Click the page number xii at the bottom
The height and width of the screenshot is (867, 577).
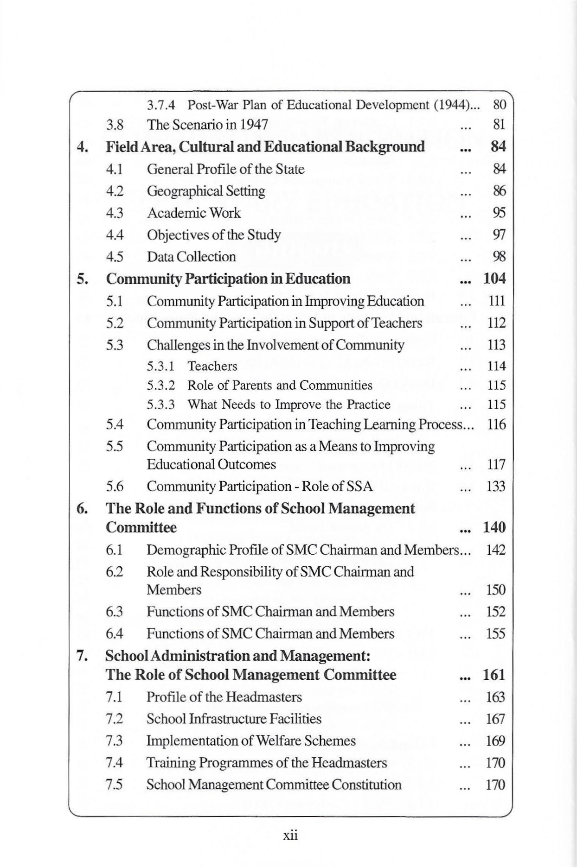(x=290, y=835)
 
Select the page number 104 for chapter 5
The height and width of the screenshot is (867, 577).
(x=494, y=279)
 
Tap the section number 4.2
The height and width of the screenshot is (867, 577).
(x=114, y=191)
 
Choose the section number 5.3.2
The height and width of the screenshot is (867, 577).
(x=161, y=386)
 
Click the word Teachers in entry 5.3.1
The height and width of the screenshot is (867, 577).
(x=212, y=366)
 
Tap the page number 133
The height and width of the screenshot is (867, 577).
(x=496, y=487)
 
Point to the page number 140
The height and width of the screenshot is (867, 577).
(x=494, y=527)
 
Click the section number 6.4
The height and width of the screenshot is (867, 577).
(x=114, y=633)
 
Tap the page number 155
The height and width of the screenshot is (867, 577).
(x=496, y=633)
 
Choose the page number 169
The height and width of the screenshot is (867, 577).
(x=496, y=741)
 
